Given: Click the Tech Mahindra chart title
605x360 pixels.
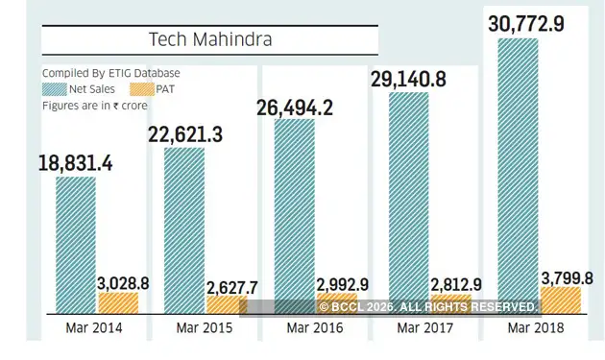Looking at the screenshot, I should click(x=210, y=39).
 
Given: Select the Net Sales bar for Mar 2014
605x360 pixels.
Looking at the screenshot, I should click(x=75, y=245).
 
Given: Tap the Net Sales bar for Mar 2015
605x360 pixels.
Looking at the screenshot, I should click(x=184, y=230).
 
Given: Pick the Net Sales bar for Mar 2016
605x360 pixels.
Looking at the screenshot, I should click(x=295, y=216).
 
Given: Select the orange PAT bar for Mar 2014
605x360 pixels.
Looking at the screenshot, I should click(x=118, y=303).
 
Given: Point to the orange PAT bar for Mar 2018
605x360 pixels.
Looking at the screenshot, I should click(x=561, y=300).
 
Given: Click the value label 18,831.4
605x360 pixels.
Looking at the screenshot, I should click(x=76, y=163).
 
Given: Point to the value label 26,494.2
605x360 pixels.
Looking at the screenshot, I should click(x=295, y=108).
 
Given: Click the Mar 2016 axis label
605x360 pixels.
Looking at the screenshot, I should click(x=314, y=328).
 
